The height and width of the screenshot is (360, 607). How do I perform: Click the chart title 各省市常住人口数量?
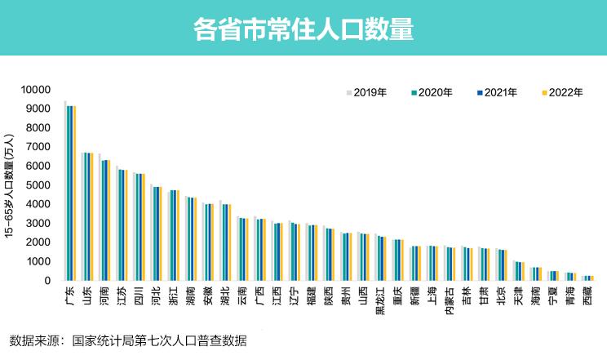pyautogui.click(x=303, y=30)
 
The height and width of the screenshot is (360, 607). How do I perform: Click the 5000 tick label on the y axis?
pyautogui.click(x=39, y=185)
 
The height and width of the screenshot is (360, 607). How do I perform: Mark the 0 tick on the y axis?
pyautogui.click(x=48, y=281)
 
